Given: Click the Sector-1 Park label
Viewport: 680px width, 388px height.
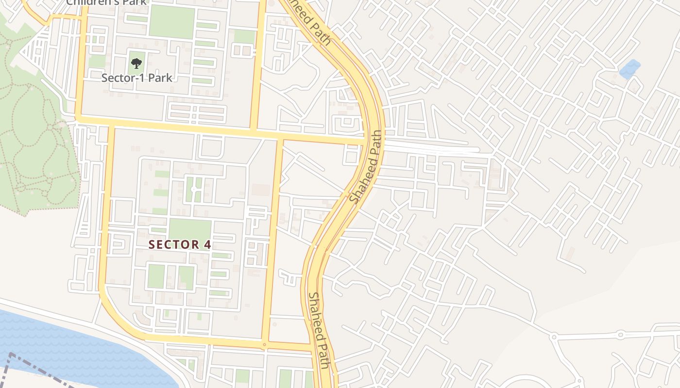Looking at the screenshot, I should tap(137, 78).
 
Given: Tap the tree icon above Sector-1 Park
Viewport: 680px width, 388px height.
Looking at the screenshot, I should tap(136, 63).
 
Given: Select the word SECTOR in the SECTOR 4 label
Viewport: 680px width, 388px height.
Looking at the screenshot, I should tap(172, 244).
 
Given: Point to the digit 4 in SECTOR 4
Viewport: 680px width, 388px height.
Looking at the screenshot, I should tap(208, 244).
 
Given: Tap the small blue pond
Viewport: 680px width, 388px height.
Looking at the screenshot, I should tap(630, 69).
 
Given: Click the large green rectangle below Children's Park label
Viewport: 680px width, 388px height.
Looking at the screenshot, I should tap(171, 22).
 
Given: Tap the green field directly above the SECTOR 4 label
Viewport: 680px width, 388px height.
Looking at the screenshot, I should tap(189, 229).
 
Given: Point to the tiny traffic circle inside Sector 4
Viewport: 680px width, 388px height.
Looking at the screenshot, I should tap(193, 189).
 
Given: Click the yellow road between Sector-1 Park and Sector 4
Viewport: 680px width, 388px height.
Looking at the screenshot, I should tap(194, 129).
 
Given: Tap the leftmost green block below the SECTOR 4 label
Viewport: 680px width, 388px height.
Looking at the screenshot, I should tap(156, 276).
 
